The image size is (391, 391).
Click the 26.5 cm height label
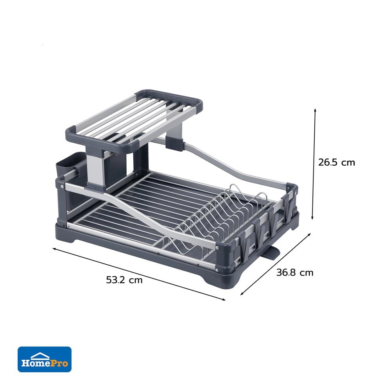(336, 162)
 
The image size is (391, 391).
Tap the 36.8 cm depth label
(295, 273)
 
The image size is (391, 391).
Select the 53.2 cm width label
(124, 280)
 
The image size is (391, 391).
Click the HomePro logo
(45, 359)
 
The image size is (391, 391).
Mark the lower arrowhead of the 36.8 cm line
(241, 294)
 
